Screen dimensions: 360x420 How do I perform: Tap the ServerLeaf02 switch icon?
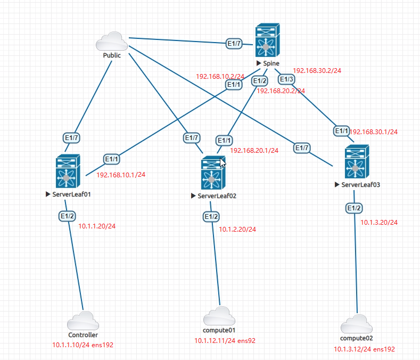tap(212, 174)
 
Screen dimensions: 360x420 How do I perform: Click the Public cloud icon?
tap(112, 41)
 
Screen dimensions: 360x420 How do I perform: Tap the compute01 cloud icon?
tap(219, 315)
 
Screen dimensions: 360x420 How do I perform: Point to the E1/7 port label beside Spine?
tap(234, 44)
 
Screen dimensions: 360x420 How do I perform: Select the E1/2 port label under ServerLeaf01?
tap(67, 216)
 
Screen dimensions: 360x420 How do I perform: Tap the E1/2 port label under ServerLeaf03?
tap(354, 208)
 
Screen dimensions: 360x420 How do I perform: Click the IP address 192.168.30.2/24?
tap(317, 70)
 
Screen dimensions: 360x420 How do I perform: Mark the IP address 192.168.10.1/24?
tap(121, 174)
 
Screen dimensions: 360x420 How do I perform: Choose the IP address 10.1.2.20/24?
tap(237, 230)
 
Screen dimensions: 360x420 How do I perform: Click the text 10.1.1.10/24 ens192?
tap(83, 345)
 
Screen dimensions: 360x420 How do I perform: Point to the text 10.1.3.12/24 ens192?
tap(364, 349)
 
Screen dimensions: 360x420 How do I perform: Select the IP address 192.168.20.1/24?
tap(254, 151)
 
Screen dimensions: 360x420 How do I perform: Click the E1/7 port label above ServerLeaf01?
tap(72, 138)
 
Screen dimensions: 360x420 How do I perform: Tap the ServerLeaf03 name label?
tap(360, 185)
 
